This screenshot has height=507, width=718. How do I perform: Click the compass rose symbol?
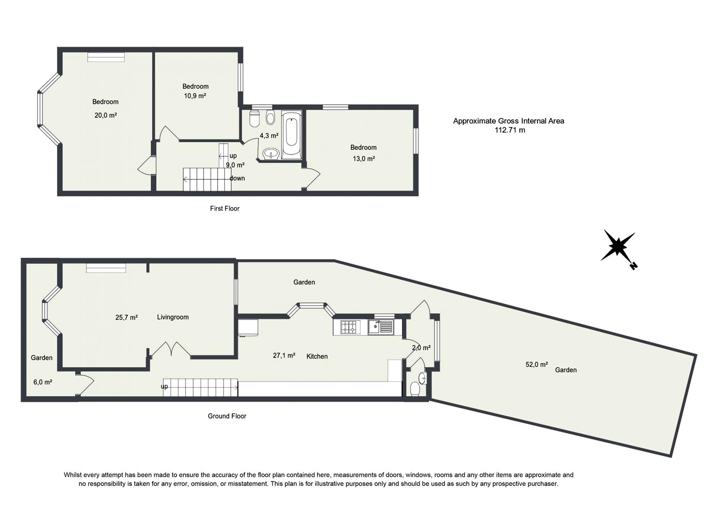coord(618,246)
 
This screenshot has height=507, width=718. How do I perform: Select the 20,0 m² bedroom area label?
coord(105,115)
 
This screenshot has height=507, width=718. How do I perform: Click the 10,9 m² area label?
coord(195,96)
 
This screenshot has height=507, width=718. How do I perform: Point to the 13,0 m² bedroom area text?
coord(363,159)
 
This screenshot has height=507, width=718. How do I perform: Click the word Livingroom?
coord(172,317)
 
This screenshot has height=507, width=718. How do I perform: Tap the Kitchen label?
coord(317,356)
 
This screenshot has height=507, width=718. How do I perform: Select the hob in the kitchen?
coord(349,327)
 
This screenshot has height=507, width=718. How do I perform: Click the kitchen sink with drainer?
coord(381,327)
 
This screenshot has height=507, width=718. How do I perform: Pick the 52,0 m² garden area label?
coord(536,364)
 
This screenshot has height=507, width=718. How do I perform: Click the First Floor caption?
coord(225,208)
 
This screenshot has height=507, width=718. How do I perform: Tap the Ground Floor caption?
coord(227,416)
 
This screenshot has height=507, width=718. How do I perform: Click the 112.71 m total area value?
coord(509,131)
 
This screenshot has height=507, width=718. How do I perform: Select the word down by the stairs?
coord(237,178)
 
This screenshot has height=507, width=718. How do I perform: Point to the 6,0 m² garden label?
coord(42,382)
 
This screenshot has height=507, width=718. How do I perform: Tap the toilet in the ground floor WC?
coord(415,389)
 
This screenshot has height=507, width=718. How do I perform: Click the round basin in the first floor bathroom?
coord(270,154)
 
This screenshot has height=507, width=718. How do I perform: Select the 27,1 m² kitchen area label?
coord(284,356)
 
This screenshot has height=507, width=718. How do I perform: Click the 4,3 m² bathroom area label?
coord(269,136)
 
